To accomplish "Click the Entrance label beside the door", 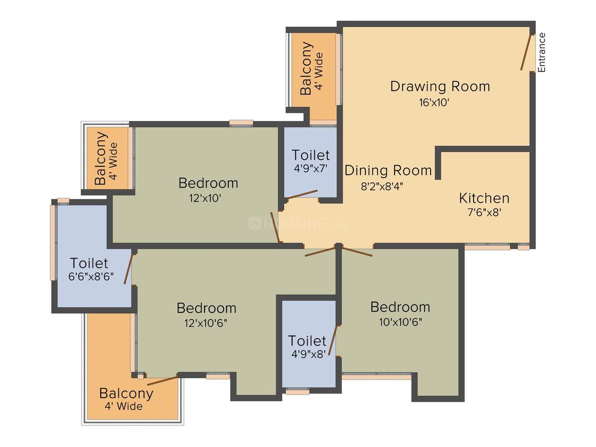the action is pyautogui.click(x=542, y=52).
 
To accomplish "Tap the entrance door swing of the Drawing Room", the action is pyautogui.click(x=526, y=52).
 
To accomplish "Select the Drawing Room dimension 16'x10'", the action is pyautogui.click(x=434, y=102).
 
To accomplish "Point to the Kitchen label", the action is pyautogui.click(x=484, y=198).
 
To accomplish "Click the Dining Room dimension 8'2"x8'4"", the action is pyautogui.click(x=382, y=186).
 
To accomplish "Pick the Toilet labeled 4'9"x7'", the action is pyautogui.click(x=310, y=155).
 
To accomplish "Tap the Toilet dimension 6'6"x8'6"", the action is pyautogui.click(x=91, y=276).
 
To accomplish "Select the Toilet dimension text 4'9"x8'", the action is pyautogui.click(x=308, y=354).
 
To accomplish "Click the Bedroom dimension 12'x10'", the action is pyautogui.click(x=205, y=198).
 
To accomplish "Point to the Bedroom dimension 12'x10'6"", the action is pyautogui.click(x=206, y=323).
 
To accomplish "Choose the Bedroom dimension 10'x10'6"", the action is pyautogui.click(x=401, y=322).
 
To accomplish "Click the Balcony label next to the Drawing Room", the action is pyautogui.click(x=306, y=68).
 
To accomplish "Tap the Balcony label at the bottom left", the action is pyautogui.click(x=126, y=393).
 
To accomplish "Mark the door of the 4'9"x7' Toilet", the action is pyautogui.click(x=302, y=194).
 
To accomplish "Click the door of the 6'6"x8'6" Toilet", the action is pyautogui.click(x=129, y=268).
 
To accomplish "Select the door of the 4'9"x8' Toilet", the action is pyautogui.click(x=333, y=340).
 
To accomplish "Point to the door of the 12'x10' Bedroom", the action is pyautogui.click(x=275, y=227).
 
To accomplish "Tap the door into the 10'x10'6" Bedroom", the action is pyautogui.click(x=357, y=252).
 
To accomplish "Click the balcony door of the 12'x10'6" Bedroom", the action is pyautogui.click(x=162, y=381).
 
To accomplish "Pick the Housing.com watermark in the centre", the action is pyautogui.click(x=298, y=223).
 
